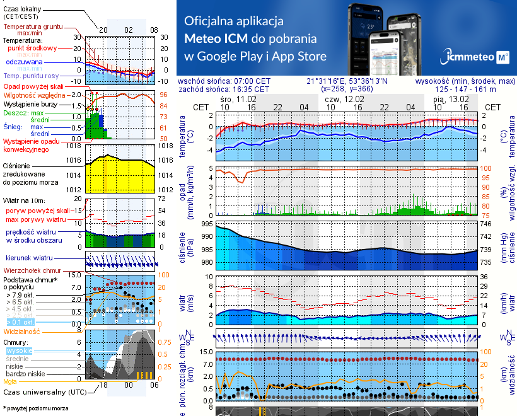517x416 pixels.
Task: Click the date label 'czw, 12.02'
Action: coord(344,99)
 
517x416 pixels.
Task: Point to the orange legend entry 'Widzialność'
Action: coord(22,331)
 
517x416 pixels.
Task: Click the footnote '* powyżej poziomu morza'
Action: coord(35,408)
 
